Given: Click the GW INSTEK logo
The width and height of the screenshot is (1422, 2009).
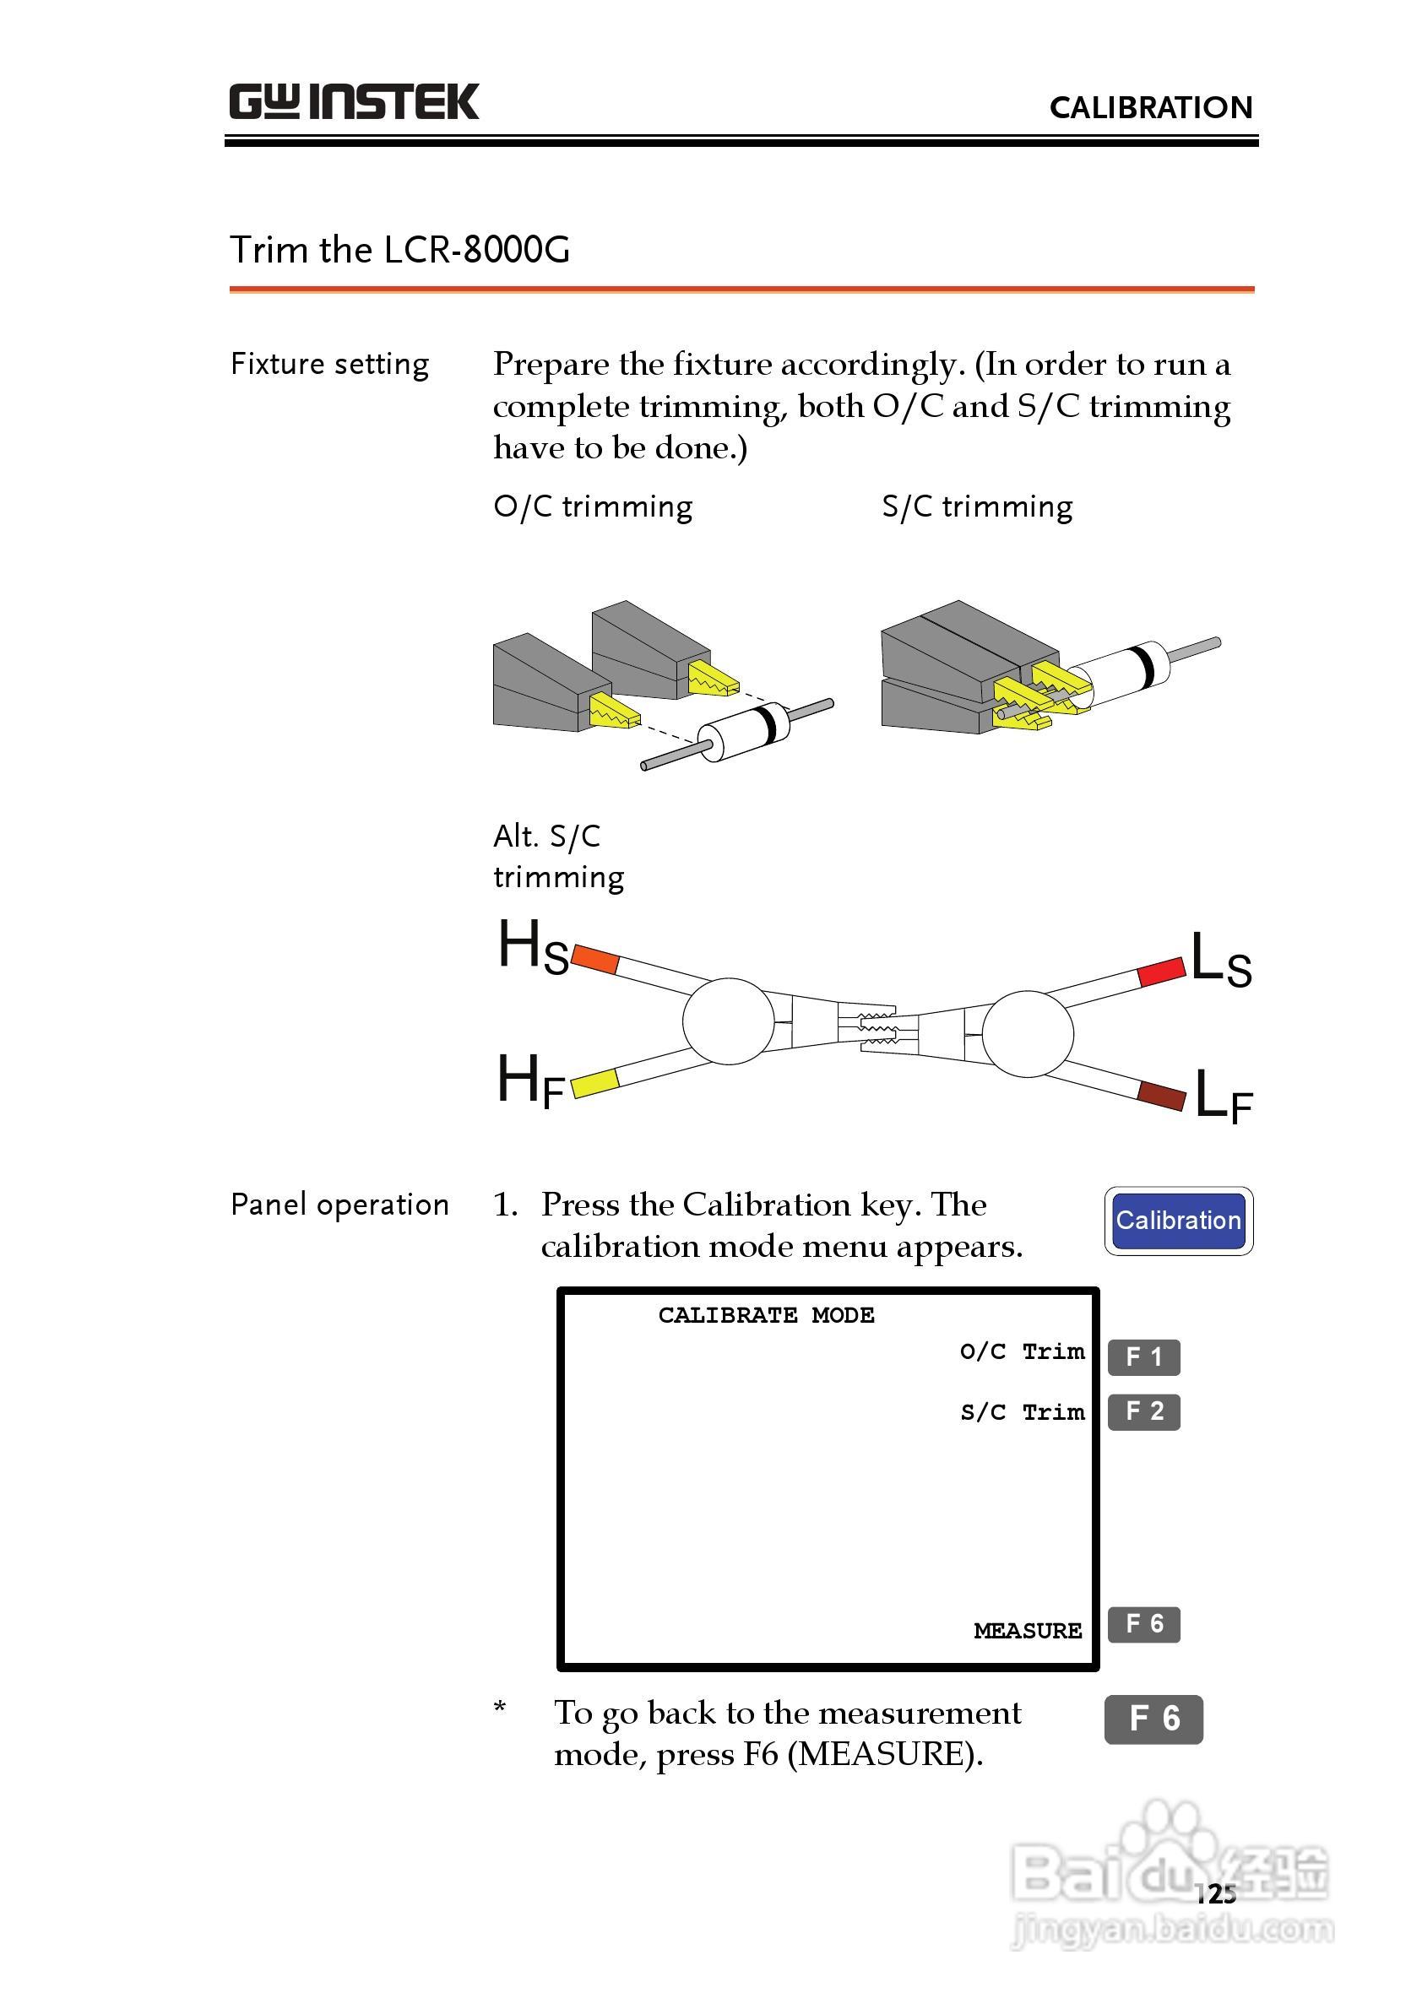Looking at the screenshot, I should [x=354, y=102].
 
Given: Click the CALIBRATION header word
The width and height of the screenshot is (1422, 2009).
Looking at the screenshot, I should [x=1151, y=108].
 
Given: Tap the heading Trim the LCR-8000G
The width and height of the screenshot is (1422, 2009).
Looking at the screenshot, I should [x=399, y=251].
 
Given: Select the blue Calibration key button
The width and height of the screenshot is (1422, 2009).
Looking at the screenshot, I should [x=1178, y=1221].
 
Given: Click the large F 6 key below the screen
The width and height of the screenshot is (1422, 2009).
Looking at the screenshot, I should [x=1153, y=1719].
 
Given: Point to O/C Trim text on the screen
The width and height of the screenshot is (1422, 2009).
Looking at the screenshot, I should [x=1022, y=1352].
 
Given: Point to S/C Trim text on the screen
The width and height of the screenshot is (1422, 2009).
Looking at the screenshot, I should [x=1022, y=1413].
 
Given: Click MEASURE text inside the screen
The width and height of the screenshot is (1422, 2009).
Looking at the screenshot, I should [x=1028, y=1631].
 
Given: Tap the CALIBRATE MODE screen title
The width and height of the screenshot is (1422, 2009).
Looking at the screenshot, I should [x=766, y=1316].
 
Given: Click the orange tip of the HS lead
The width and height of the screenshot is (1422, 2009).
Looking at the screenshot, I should [x=595, y=960].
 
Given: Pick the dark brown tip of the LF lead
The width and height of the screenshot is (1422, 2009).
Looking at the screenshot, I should [x=1162, y=1095].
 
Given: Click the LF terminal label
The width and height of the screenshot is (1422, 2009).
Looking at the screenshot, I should [x=1224, y=1097].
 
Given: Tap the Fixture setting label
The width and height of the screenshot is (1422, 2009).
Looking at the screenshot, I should [x=330, y=364].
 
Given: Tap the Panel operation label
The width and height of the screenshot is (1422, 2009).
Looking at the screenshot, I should [x=339, y=1205].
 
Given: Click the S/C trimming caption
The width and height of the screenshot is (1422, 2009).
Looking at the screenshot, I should [x=977, y=506].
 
